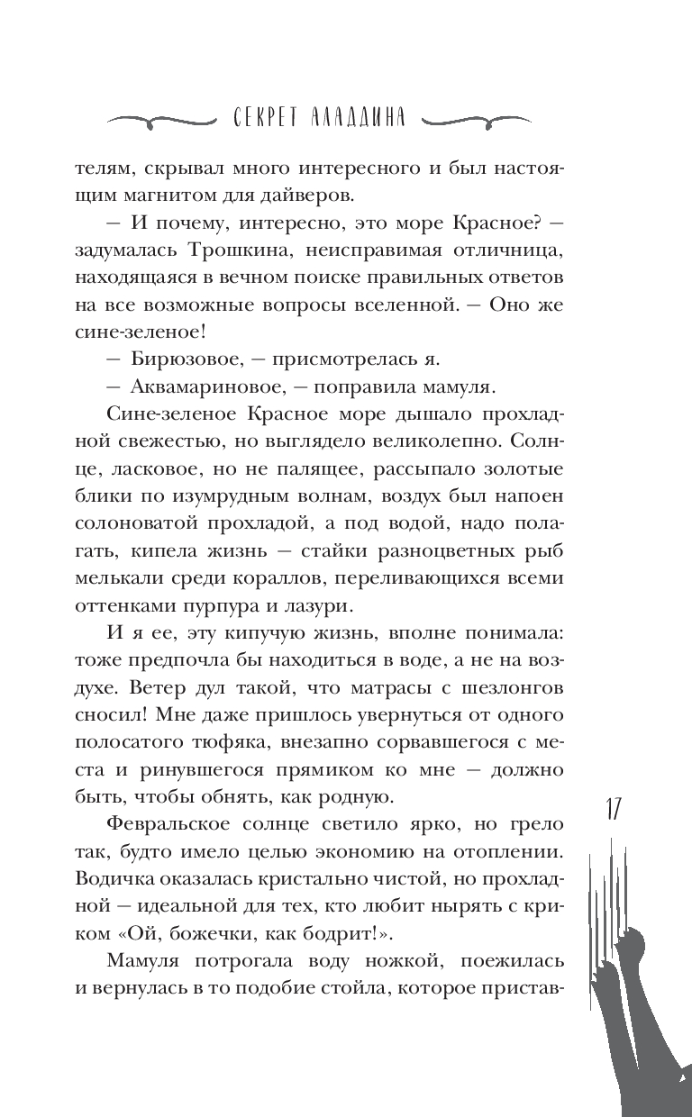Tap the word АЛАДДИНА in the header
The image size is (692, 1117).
pyautogui.click(x=366, y=118)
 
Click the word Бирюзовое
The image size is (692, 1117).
pyautogui.click(x=179, y=359)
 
